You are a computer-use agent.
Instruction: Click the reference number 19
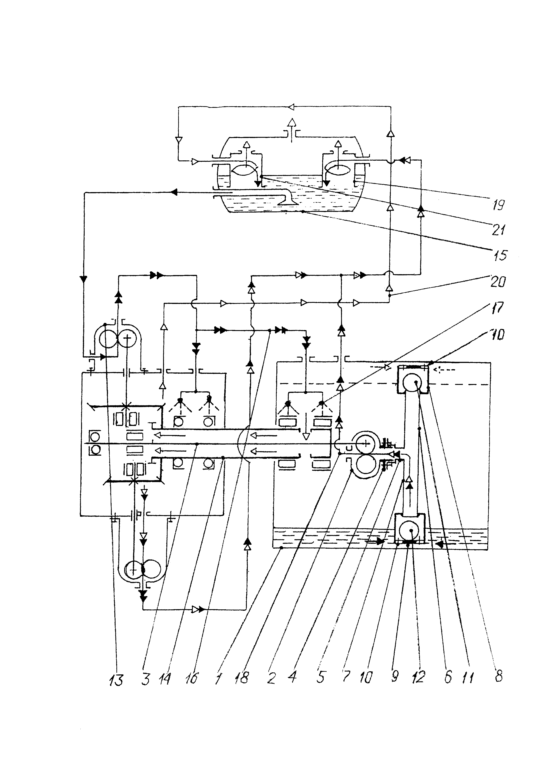(x=498, y=205)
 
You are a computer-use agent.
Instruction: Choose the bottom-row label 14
(x=165, y=679)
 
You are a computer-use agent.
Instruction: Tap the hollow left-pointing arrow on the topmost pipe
(x=291, y=107)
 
